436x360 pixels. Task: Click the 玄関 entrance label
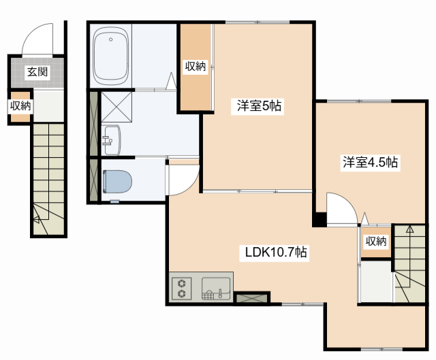[x=37, y=72]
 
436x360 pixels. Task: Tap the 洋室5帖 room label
[x=259, y=106]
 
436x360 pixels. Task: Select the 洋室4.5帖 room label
[x=370, y=162]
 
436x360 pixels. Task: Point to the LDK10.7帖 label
[x=276, y=252]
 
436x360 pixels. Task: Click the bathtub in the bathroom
[x=111, y=56]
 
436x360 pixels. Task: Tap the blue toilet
[x=117, y=181]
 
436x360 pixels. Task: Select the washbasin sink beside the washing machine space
[x=112, y=140]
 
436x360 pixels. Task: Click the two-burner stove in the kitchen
[x=182, y=289]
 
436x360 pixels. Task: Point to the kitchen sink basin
[x=216, y=289]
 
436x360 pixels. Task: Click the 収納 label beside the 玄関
[x=20, y=106]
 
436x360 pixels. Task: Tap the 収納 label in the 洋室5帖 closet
[x=196, y=67]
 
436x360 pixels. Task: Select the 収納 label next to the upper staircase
[x=376, y=241]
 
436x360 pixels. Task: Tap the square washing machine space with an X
[x=116, y=107]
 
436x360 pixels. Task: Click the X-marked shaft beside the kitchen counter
[x=252, y=299]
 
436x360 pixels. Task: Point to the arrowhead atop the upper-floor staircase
[x=409, y=229]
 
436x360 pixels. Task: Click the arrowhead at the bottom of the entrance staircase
[x=36, y=220]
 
